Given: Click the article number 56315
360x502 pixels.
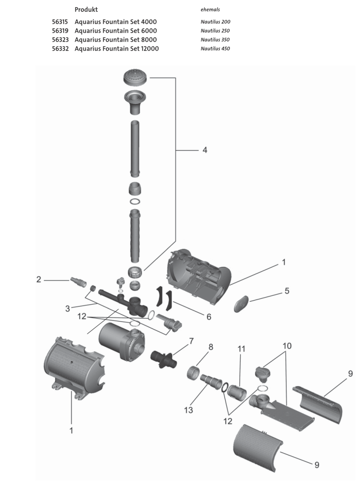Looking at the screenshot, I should tap(61, 22).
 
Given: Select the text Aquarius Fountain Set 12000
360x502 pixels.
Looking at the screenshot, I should tap(117, 49).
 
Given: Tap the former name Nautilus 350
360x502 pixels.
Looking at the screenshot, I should tap(215, 40).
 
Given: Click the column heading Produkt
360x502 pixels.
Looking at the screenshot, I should tap(86, 9).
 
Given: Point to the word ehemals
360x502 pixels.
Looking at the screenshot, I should tap(210, 9).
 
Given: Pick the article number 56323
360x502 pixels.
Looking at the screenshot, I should tap(61, 40).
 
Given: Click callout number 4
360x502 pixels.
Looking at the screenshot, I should tap(204, 150).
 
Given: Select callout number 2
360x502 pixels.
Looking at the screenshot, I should tap(39, 280).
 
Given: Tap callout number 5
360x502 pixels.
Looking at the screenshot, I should tap(286, 291).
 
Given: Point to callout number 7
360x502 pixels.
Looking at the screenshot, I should tap(191, 341).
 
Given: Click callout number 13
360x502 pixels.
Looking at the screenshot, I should tap(188, 410).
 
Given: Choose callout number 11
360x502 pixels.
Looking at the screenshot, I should tap(242, 349).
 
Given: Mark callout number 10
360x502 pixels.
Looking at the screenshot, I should tap(287, 346).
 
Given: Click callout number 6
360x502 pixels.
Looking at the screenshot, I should tap(208, 317).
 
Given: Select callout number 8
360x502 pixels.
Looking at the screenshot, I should tap(211, 347).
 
